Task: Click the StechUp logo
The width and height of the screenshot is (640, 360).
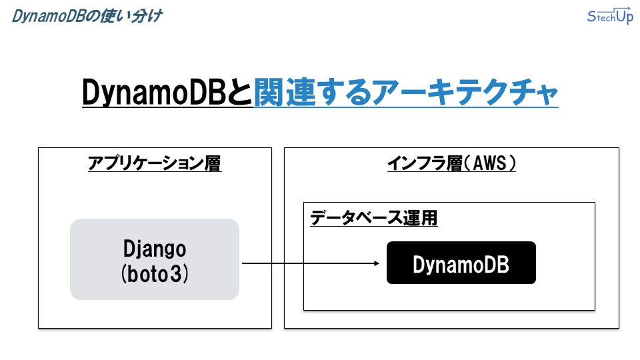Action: pyautogui.click(x=610, y=15)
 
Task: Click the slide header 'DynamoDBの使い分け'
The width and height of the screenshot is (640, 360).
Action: pyautogui.click(x=87, y=16)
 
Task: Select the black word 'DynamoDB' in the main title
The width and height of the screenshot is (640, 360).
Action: pyautogui.click(x=154, y=92)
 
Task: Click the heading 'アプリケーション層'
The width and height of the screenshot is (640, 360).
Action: pyautogui.click(x=155, y=163)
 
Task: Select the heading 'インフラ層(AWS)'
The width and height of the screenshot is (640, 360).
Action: pyautogui.click(x=451, y=163)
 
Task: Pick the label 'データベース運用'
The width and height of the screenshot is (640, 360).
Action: pyautogui.click(x=373, y=217)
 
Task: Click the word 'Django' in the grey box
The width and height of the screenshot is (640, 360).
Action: pyautogui.click(x=155, y=249)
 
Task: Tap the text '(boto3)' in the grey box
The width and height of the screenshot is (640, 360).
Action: pyautogui.click(x=155, y=273)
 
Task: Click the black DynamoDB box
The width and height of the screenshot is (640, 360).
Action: pyautogui.click(x=461, y=263)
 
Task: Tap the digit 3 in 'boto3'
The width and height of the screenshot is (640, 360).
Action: pyautogui.click(x=176, y=274)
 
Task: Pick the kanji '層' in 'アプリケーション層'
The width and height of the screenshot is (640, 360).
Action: pyautogui.click(x=213, y=163)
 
